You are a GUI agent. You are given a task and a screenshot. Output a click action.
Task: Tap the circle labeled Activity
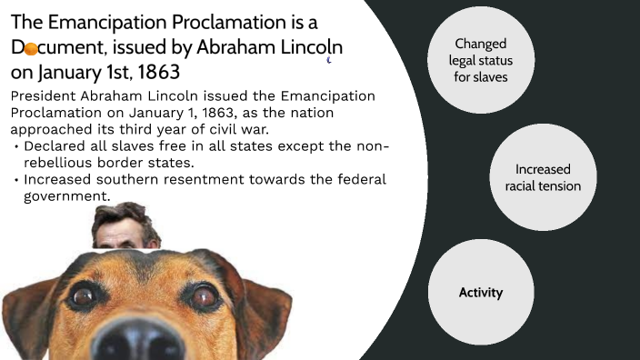(481, 293)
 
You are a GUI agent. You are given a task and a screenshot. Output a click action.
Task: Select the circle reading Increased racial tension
(543, 178)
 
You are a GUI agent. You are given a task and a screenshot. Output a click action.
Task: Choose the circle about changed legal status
(481, 61)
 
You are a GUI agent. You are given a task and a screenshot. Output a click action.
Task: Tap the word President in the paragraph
(45, 97)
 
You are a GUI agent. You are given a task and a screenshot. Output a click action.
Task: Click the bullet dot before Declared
(16, 147)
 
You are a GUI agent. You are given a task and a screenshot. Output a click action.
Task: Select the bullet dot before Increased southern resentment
(16, 180)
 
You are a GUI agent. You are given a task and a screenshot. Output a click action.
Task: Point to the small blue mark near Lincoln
(328, 61)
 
